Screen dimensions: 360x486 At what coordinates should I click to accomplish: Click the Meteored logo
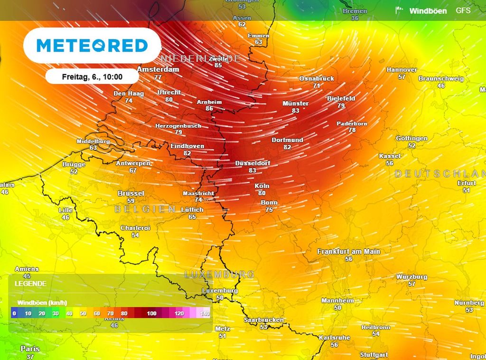pyautogui.click(x=92, y=46)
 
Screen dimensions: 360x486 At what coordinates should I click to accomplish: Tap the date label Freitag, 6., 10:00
pyautogui.click(x=92, y=76)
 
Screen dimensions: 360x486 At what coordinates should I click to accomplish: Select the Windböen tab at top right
pyautogui.click(x=427, y=11)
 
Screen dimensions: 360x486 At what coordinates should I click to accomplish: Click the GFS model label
pyautogui.click(x=463, y=10)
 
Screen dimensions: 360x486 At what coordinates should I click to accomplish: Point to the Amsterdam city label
pyautogui.click(x=158, y=69)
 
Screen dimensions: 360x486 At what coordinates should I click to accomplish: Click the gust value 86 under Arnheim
pyautogui.click(x=209, y=108)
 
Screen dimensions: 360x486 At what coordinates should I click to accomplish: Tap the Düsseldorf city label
pyautogui.click(x=252, y=163)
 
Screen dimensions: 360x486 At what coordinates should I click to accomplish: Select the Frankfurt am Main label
pyautogui.click(x=349, y=251)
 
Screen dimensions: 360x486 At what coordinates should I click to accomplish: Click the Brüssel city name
pyautogui.click(x=131, y=193)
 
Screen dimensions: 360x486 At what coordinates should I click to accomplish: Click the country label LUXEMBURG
pyautogui.click(x=219, y=275)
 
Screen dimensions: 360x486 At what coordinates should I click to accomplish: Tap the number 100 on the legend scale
pyautogui.click(x=151, y=313)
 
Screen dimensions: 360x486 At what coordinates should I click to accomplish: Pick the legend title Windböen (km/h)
pyautogui.click(x=42, y=303)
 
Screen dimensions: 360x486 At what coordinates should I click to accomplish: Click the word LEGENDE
pyautogui.click(x=30, y=284)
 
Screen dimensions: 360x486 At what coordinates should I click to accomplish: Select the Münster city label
pyautogui.click(x=296, y=103)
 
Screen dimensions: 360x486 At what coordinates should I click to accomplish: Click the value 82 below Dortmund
pyautogui.click(x=287, y=147)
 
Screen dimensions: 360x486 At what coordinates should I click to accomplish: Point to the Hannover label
pyautogui.click(x=402, y=69)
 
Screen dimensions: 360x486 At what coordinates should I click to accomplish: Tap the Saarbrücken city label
pyautogui.click(x=263, y=320)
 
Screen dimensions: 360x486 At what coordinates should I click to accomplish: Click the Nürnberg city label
pyautogui.click(x=469, y=303)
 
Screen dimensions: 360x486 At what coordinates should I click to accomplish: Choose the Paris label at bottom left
pyautogui.click(x=30, y=349)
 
